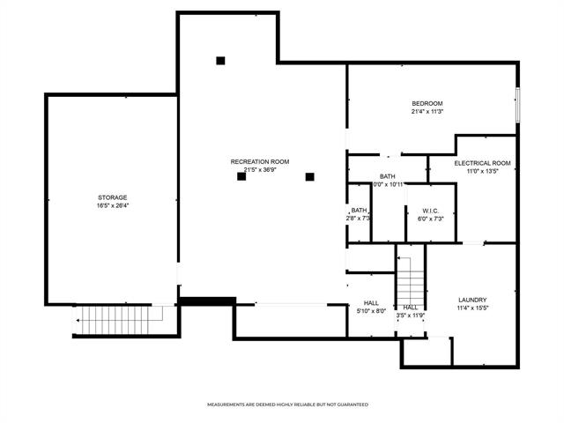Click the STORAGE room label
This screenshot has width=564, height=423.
(x=113, y=197)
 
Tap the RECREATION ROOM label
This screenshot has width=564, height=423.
(x=260, y=161)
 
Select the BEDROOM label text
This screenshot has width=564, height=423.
(x=427, y=103)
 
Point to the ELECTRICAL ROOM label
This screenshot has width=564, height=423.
(x=482, y=163)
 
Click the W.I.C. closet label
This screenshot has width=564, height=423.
(x=430, y=210)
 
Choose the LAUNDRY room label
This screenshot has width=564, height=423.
(x=472, y=300)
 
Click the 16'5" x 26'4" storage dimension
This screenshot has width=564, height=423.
(x=113, y=205)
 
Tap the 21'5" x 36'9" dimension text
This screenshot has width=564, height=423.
(x=260, y=170)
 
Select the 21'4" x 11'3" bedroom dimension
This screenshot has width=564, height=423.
(x=427, y=112)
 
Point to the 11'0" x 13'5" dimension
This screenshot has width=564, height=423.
(x=482, y=172)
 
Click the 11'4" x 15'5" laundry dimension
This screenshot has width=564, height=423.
(x=472, y=308)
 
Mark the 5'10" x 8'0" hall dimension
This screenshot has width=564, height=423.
(x=371, y=310)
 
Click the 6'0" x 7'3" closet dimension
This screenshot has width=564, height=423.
(x=430, y=218)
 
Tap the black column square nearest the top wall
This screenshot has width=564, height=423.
(x=220, y=61)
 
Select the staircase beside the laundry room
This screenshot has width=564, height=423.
(x=411, y=278)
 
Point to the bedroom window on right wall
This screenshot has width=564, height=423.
(x=517, y=106)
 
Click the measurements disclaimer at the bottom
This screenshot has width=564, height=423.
(x=287, y=404)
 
